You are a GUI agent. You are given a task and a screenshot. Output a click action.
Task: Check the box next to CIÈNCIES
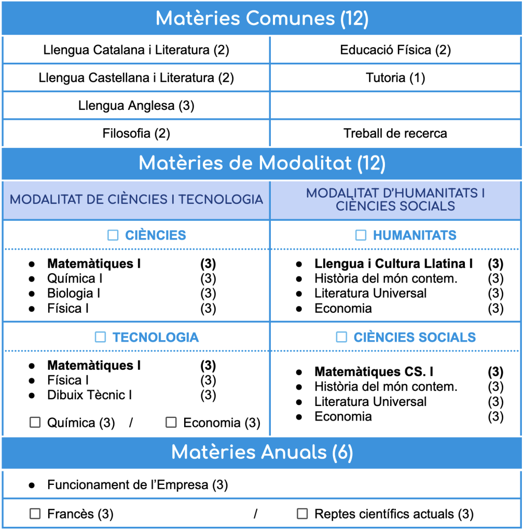[x=113, y=235]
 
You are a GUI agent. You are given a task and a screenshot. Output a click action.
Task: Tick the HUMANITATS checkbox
[x=361, y=235]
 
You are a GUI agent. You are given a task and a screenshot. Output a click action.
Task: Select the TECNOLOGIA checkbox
[x=100, y=338]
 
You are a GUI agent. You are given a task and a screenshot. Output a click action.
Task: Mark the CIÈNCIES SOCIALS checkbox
[x=341, y=338]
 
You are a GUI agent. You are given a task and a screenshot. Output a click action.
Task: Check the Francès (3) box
[x=35, y=514]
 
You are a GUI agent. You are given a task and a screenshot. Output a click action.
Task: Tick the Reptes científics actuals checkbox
[x=302, y=514]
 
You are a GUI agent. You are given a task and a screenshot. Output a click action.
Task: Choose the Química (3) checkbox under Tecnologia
[x=35, y=423]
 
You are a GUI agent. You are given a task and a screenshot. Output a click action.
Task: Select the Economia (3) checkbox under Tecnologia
[x=171, y=423]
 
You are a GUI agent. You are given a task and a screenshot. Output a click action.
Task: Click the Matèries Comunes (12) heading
[x=262, y=19]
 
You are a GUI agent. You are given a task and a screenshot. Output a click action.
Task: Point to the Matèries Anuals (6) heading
[x=262, y=453]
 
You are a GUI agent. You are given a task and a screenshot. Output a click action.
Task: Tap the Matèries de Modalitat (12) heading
[x=262, y=164]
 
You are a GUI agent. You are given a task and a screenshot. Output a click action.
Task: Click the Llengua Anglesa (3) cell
[x=136, y=106]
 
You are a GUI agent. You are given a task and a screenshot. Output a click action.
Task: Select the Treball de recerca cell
[x=395, y=133]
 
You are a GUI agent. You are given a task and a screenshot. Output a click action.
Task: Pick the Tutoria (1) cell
[x=395, y=78]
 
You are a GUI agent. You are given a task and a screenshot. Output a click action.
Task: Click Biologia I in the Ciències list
[x=74, y=294]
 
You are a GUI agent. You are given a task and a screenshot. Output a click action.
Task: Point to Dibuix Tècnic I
[x=89, y=395]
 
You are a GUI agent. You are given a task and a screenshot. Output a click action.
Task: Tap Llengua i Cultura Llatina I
[x=393, y=264]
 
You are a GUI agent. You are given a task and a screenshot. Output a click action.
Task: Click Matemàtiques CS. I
[x=374, y=372]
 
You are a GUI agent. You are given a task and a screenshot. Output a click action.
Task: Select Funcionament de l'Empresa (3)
[x=137, y=485]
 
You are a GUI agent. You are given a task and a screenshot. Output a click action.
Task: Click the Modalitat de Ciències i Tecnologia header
[x=136, y=200]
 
